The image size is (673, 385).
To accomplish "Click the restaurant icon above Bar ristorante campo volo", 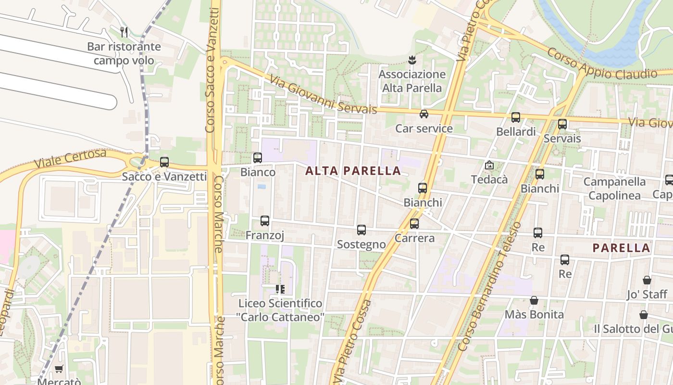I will point(124,32).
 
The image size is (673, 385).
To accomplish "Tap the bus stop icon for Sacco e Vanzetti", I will point(164,162).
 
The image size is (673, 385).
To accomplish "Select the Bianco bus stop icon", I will point(258,157).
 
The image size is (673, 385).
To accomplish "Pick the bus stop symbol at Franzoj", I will point(265,221).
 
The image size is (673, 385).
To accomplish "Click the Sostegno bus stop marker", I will point(361,230).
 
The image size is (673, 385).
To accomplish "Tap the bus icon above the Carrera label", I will point(414,224).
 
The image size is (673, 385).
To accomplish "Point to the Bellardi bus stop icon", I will point(516,117).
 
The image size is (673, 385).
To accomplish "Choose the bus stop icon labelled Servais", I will point(562,124).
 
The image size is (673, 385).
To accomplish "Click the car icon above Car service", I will point(424,114).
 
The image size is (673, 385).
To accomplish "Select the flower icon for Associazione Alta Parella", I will point(411,60).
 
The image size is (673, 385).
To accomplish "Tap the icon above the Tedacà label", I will point(489,165).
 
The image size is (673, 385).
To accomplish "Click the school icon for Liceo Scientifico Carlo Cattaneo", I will point(280,289).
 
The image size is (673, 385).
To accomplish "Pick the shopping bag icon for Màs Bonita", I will point(534,300).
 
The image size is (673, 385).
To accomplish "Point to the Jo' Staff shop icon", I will point(647,280).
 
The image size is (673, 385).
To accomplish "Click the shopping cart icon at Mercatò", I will point(59,369).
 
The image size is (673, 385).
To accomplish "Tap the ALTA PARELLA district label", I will point(353,171).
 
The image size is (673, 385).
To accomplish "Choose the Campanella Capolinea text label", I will point(614,189).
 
